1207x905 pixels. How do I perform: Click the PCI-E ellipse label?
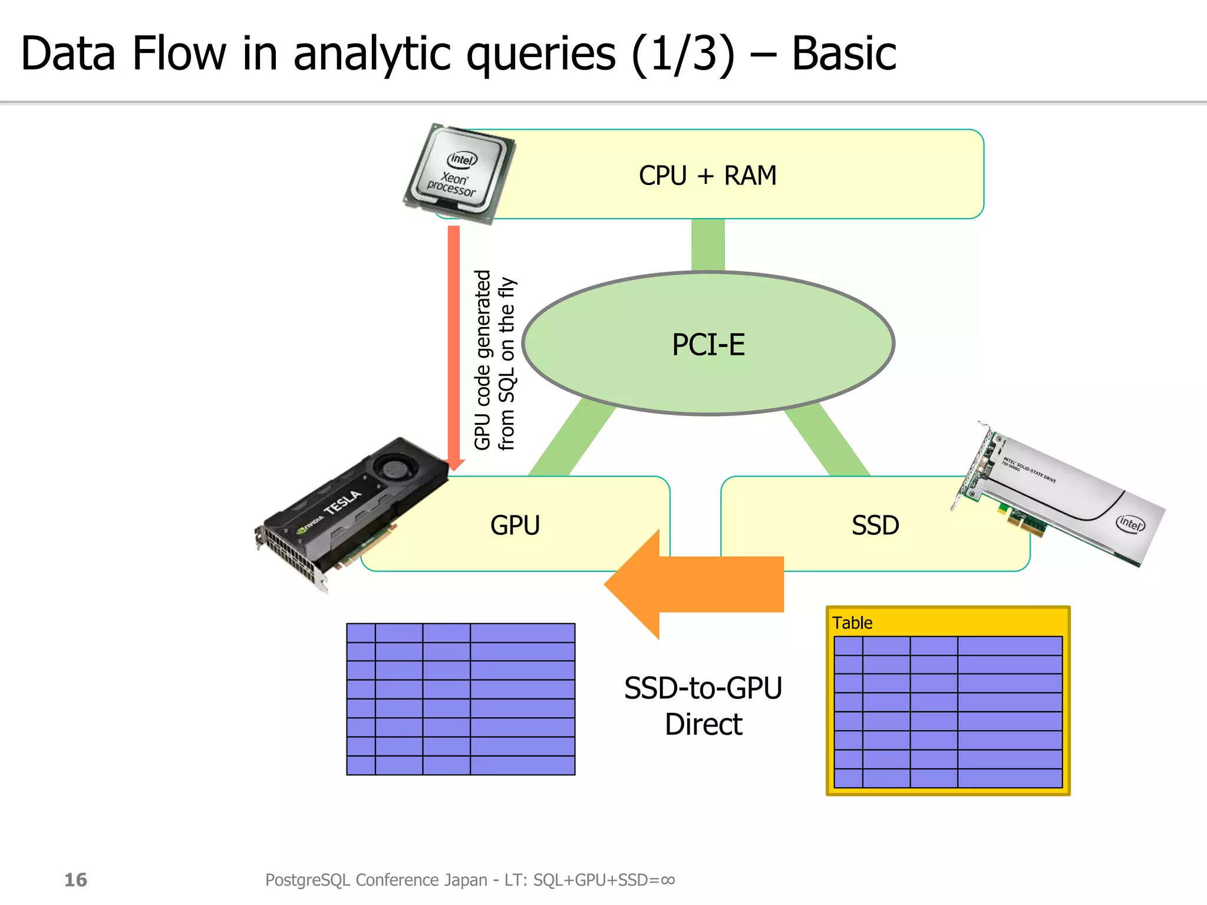(708, 345)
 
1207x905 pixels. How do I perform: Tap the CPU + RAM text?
(707, 176)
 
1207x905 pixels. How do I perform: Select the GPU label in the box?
(515, 525)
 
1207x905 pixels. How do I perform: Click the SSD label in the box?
(875, 525)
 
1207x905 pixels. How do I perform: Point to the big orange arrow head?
(637, 584)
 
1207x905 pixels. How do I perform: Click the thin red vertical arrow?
(453, 342)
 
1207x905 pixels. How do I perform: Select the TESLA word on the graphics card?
(342, 501)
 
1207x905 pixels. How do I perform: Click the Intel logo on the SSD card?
(1130, 523)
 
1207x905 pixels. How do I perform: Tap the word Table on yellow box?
(852, 623)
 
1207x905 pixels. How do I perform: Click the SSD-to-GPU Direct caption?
(703, 706)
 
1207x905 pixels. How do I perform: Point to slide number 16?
(75, 880)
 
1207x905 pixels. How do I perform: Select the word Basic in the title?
(843, 54)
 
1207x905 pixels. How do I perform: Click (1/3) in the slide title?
(684, 54)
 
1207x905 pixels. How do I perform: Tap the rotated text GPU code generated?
(483, 359)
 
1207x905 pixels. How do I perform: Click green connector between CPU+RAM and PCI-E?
(708, 245)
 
